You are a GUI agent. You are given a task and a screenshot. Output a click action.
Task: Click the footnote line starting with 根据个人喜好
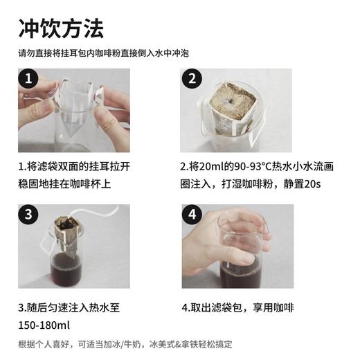[125, 344]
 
